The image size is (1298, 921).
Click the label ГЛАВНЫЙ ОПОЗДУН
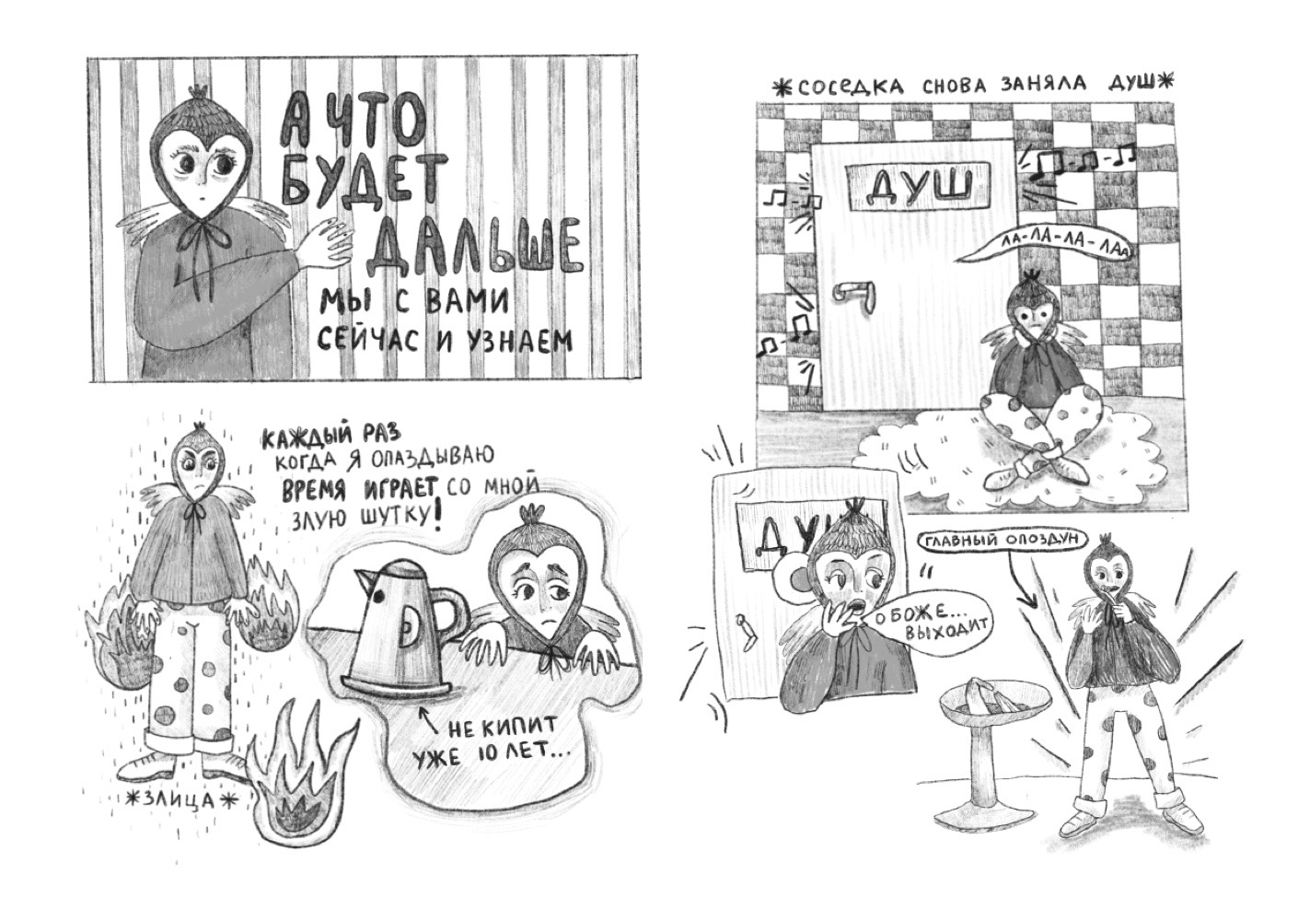point(1000,541)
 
